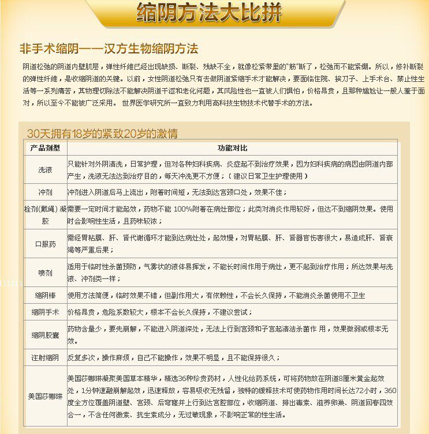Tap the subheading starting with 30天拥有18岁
click(x=102, y=134)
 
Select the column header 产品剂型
click(x=45, y=148)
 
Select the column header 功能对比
click(x=232, y=148)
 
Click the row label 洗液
click(x=45, y=169)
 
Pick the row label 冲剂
click(x=45, y=192)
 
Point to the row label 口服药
click(x=45, y=244)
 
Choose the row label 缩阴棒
click(x=45, y=296)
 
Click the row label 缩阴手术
click(x=45, y=312)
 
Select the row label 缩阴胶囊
click(x=45, y=335)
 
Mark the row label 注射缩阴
click(x=45, y=357)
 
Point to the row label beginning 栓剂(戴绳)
click(x=45, y=214)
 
